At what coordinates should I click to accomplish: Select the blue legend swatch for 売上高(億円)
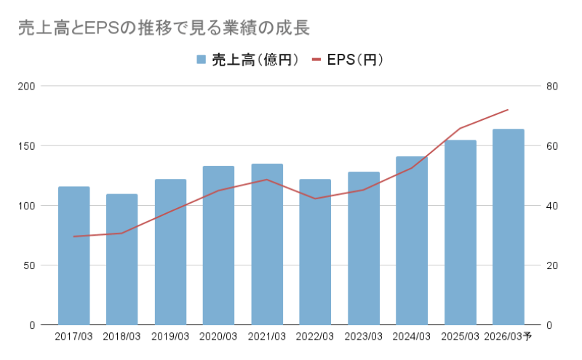pyautogui.click(x=201, y=60)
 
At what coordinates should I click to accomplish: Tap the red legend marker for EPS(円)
pyautogui.click(x=316, y=60)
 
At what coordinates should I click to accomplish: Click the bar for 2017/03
pyautogui.click(x=74, y=255)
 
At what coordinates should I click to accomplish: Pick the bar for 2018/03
pyautogui.click(x=122, y=259)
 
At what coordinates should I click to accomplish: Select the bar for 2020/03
pyautogui.click(x=218, y=245)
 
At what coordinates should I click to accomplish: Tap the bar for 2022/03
pyautogui.click(x=315, y=252)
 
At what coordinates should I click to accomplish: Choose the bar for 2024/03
pyautogui.click(x=412, y=241)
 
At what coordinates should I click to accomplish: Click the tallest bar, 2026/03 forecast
pyautogui.click(x=508, y=227)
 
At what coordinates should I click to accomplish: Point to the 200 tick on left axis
pyautogui.click(x=27, y=87)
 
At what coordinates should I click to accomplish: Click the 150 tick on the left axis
pyautogui.click(x=27, y=146)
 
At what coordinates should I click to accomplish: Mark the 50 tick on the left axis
pyautogui.click(x=30, y=265)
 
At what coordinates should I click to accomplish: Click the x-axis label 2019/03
pyautogui.click(x=170, y=337)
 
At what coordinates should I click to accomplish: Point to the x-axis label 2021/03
pyautogui.click(x=267, y=337)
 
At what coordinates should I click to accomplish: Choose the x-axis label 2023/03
pyautogui.click(x=363, y=337)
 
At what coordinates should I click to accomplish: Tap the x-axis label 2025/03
pyautogui.click(x=460, y=337)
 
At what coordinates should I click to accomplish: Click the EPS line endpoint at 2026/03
pyautogui.click(x=508, y=110)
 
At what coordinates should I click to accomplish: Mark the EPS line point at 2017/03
pyautogui.click(x=74, y=236)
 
